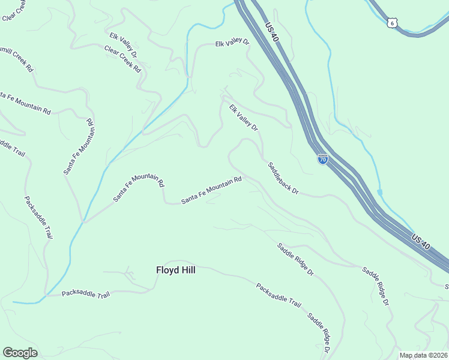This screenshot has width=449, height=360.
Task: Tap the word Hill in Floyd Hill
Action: click(x=187, y=270)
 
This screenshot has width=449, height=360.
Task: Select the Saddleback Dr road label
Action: click(x=283, y=178)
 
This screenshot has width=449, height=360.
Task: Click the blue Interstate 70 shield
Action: click(x=323, y=160)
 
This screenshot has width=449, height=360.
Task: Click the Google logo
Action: click(x=20, y=353)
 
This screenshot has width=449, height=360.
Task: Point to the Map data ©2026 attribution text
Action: click(x=423, y=355)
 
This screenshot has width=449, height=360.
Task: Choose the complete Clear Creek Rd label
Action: click(x=122, y=59)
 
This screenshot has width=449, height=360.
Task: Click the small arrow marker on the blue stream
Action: click(x=379, y=193)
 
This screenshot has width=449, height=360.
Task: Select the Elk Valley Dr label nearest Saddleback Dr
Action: click(x=243, y=118)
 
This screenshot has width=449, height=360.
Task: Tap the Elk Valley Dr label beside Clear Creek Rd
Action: click(x=123, y=44)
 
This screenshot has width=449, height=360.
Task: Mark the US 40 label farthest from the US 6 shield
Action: click(x=421, y=242)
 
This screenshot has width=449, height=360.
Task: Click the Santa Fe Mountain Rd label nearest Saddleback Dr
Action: click(x=211, y=190)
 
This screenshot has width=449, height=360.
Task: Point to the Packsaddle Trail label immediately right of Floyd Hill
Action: click(x=278, y=295)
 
